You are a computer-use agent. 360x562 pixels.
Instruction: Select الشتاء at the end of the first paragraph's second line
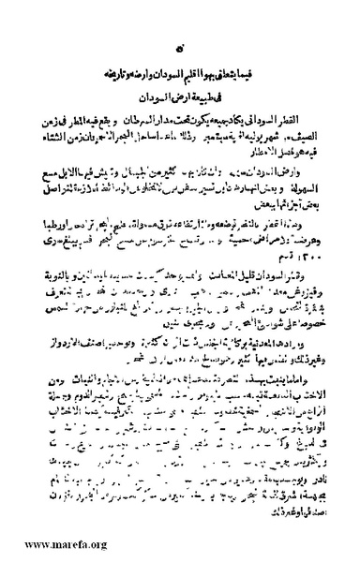pos(58,135)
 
